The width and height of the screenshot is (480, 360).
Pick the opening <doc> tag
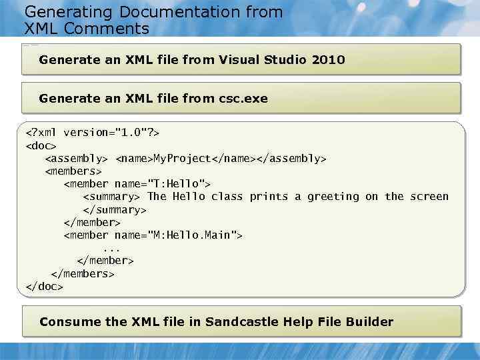point(41,145)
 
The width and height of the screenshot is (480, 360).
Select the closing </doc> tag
point(43,287)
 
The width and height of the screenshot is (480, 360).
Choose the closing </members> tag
point(83,274)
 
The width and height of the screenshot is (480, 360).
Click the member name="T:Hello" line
point(137,184)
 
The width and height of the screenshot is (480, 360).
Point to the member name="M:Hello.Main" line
point(153,235)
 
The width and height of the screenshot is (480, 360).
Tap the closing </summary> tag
point(114,209)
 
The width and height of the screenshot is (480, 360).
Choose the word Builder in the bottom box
point(369,322)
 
